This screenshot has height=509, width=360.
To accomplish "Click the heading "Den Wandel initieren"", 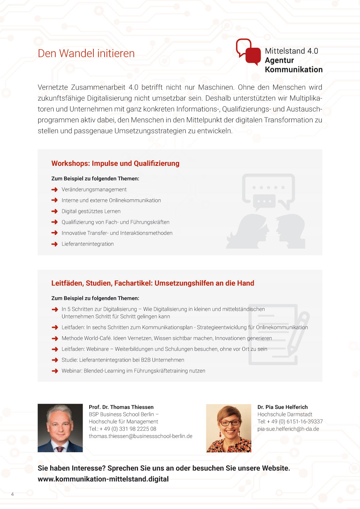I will (x=86, y=53).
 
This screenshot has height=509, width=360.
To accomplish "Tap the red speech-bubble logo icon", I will (x=248, y=52).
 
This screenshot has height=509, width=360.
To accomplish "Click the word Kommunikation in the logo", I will (x=293, y=70).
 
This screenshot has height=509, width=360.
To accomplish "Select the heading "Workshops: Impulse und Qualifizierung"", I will (x=115, y=163).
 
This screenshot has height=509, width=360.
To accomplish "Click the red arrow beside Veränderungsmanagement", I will (x=54, y=190).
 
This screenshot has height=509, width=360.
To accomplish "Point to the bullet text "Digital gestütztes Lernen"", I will (x=91, y=211).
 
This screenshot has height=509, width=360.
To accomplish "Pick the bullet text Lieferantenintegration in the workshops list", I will (x=87, y=244).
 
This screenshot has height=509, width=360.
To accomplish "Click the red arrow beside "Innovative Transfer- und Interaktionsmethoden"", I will (x=54, y=233).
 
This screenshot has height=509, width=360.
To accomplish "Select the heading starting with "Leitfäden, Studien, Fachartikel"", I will (x=153, y=283).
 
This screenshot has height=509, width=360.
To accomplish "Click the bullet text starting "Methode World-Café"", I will (x=167, y=338).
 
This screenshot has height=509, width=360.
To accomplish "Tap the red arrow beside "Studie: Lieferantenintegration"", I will (x=54, y=360).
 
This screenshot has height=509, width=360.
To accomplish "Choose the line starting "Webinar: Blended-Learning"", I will (x=133, y=371).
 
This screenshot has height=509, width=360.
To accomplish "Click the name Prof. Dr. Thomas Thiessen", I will (x=121, y=407).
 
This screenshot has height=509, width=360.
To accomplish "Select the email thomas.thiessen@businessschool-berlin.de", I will (x=140, y=436).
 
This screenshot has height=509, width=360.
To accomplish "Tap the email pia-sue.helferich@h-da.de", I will (x=288, y=429).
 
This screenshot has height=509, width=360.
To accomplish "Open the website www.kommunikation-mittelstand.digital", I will (x=103, y=479).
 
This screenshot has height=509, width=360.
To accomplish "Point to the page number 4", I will (x=13, y=494).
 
